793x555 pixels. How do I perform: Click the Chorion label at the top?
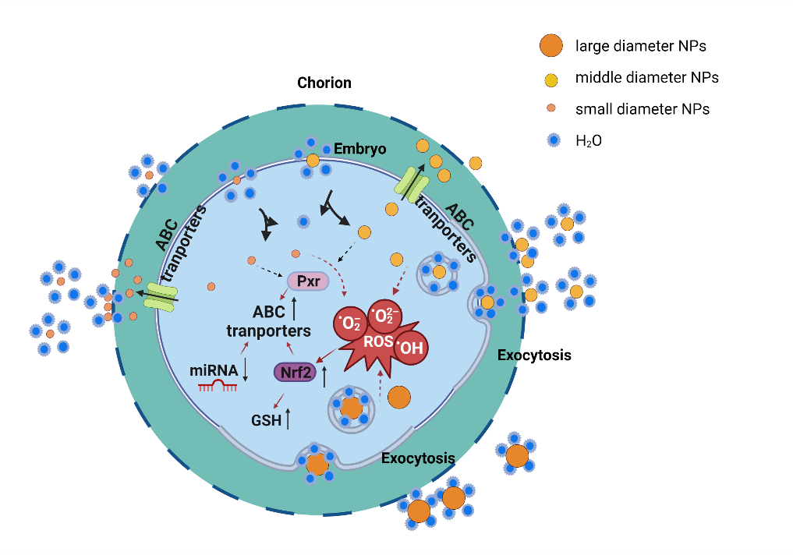click(324, 83)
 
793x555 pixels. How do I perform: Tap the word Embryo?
click(359, 148)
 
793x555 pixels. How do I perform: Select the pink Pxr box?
click(308, 281)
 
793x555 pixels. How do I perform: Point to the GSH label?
click(265, 420)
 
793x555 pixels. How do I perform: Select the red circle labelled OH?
click(410, 348)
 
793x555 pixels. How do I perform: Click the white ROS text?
click(378, 340)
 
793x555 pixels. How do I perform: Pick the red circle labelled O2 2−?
click(384, 315)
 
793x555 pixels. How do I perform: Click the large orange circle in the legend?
click(550, 46)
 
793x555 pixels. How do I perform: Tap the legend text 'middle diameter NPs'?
click(646, 78)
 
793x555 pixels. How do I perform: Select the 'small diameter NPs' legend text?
click(642, 109)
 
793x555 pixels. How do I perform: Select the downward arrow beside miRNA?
click(246, 369)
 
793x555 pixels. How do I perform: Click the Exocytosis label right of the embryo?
click(534, 355)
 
